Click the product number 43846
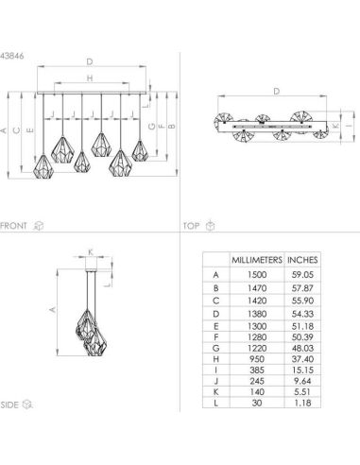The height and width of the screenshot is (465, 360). coord(12,52)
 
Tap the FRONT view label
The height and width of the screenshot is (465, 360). coord(13,227)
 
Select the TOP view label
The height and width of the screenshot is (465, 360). coord(191,227)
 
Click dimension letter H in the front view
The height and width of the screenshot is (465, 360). coord(90,79)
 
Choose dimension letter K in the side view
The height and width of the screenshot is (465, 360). coord(90,250)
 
